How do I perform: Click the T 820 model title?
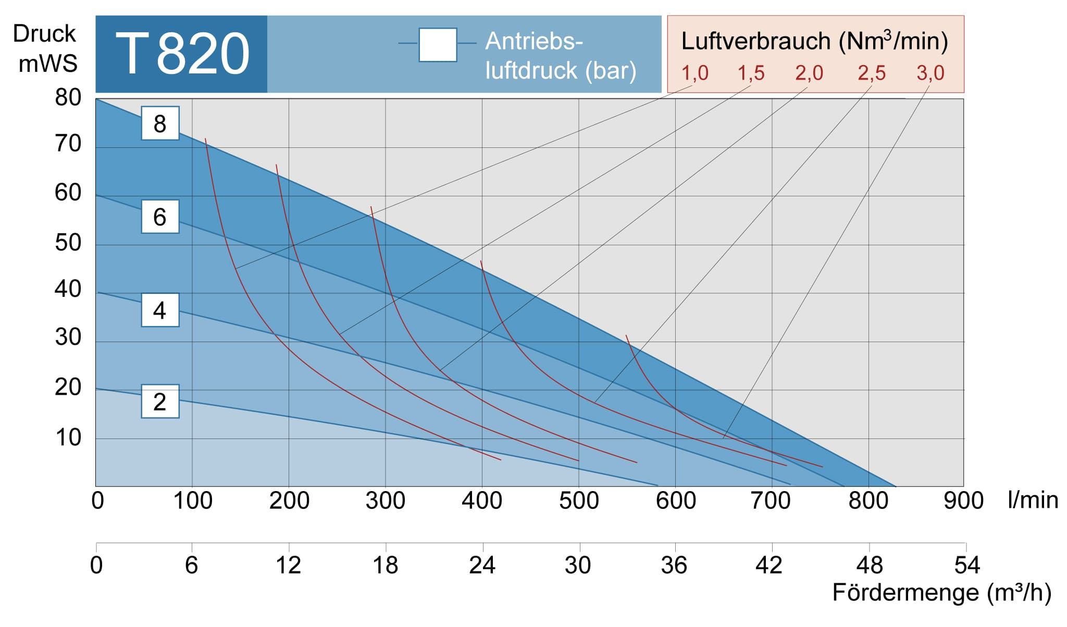182,54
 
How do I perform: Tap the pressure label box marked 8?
160,123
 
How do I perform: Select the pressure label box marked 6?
160,217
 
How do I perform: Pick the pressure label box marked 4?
160,310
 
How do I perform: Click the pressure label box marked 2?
160,402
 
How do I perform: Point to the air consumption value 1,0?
695,73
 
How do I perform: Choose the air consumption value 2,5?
872,73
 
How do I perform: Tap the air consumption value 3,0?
930,73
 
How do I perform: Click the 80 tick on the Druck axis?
68,98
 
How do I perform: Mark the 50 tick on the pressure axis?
68,243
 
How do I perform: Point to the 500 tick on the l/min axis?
579,501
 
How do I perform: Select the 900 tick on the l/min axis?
963,501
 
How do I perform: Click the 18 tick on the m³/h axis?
386,566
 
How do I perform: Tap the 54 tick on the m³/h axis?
967,566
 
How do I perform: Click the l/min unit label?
1033,500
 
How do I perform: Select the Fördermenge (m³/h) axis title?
941,593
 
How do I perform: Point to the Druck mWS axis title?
45,48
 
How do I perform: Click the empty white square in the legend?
438,45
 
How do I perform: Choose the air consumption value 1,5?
751,73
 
